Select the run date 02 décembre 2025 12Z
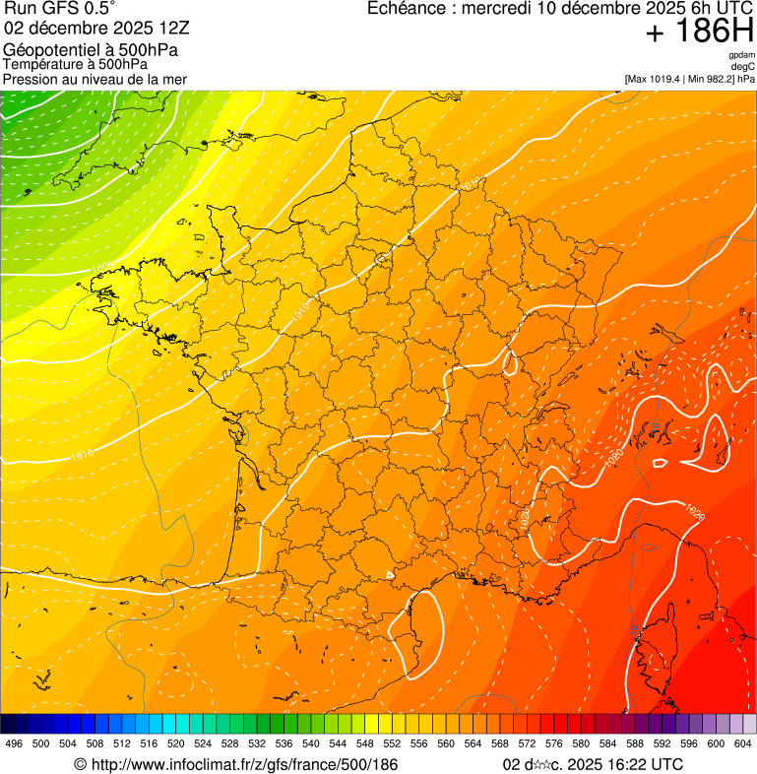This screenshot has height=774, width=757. tap(103, 28)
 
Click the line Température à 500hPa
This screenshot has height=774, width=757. tap(76, 64)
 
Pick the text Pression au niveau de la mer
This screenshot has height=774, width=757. tap(95, 79)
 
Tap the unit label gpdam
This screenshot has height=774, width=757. tap(741, 55)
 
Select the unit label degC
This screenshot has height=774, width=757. tap(743, 66)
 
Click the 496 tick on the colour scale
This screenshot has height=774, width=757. tap(13, 743)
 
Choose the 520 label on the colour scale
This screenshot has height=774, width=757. tap(176, 743)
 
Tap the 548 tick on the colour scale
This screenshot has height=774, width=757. tap(365, 743)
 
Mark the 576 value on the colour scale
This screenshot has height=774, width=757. tap(554, 743)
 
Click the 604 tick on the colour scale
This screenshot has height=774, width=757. tap(743, 743)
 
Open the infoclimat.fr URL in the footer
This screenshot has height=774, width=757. tap(236, 764)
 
